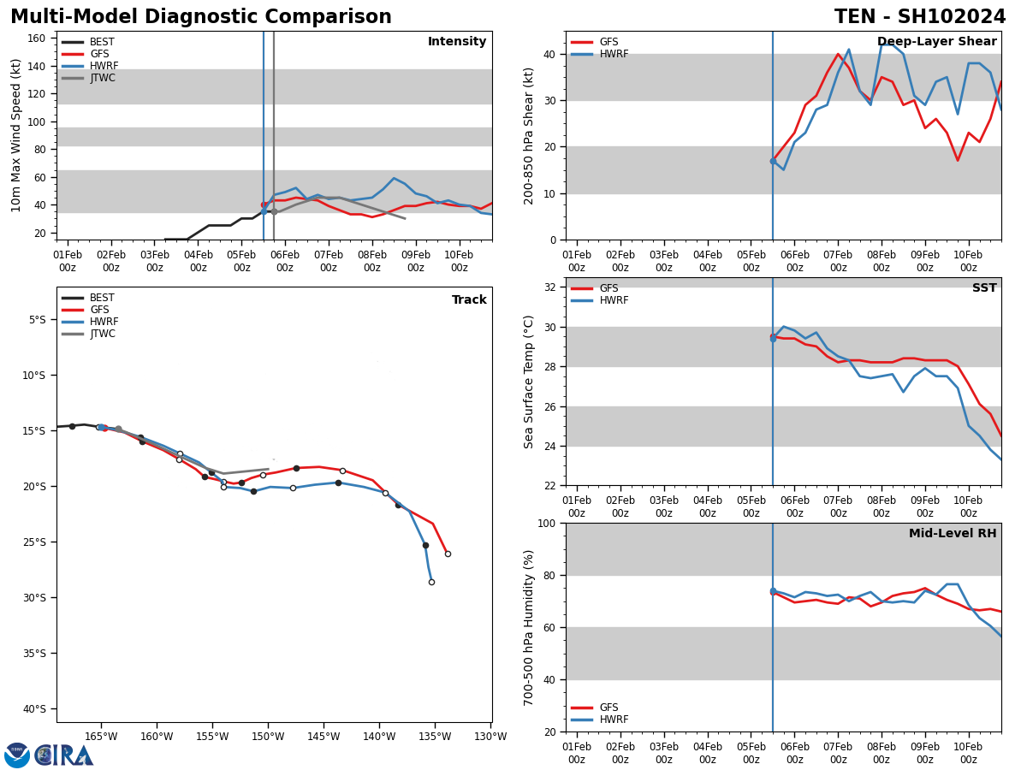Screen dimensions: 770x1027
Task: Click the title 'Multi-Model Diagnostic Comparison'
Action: pyautogui.click(x=201, y=17)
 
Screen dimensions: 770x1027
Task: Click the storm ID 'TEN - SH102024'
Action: pyautogui.click(x=920, y=17)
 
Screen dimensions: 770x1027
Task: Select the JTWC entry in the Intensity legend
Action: pyautogui.click(x=102, y=78)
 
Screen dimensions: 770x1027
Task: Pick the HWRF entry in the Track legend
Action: pyautogui.click(x=104, y=322)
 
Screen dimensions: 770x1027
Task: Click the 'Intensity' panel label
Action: pyautogui.click(x=457, y=42)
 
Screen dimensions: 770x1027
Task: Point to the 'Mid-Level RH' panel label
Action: pyautogui.click(x=953, y=534)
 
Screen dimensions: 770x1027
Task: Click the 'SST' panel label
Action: pyautogui.click(x=984, y=288)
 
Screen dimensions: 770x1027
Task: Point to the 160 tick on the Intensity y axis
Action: pyautogui.click(x=36, y=38)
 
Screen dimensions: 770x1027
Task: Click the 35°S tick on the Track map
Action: pyautogui.click(x=36, y=653)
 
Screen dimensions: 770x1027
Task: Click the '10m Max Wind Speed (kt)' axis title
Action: pyautogui.click(x=16, y=135)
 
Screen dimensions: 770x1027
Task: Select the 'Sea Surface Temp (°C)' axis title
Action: pyautogui.click(x=529, y=382)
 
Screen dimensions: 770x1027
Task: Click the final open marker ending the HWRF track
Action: pyautogui.click(x=431, y=582)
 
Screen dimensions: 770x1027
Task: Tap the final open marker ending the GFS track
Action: pyautogui.click(x=448, y=554)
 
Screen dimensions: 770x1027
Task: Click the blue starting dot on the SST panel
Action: pyautogui.click(x=773, y=339)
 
